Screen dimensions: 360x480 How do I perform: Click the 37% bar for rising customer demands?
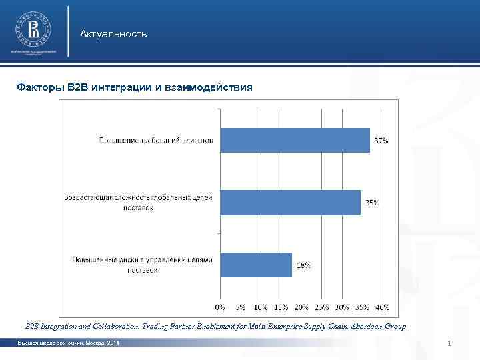295,140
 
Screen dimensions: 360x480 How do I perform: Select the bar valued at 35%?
290,202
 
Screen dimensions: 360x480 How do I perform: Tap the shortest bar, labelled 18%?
256,265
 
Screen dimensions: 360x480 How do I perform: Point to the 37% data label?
381,141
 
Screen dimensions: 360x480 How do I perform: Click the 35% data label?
371,203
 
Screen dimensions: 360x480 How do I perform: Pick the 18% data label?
303,265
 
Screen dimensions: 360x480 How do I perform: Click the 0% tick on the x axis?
219,307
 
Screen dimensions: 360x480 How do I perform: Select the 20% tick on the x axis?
301,307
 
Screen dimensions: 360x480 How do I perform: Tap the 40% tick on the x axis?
382,307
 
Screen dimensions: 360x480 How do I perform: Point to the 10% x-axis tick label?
260,307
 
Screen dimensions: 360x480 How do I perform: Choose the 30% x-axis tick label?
341,307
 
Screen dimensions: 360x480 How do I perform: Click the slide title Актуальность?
113,34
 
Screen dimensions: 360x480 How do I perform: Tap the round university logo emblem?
33,29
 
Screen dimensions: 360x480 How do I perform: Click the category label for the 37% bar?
157,141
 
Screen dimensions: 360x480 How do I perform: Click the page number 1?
451,343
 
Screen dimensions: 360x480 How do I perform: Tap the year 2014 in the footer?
113,343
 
